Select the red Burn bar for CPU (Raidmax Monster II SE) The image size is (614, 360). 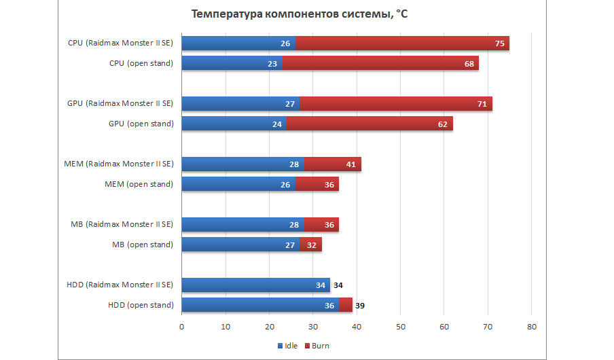point(402,43)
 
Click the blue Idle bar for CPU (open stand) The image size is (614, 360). point(232,63)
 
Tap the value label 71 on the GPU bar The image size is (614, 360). point(482,104)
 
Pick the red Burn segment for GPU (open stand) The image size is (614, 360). point(369,124)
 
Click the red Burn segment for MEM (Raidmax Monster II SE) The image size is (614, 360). point(332,164)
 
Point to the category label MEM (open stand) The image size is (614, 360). point(139,184)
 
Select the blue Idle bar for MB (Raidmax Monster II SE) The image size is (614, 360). point(242,225)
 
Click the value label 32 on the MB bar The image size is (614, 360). point(312,245)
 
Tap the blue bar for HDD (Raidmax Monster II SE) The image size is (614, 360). point(255,285)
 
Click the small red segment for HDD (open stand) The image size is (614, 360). point(346,305)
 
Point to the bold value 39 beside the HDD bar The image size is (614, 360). point(360,305)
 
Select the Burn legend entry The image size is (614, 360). point(317,346)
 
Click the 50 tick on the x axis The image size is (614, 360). point(401,327)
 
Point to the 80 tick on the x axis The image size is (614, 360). point(532,327)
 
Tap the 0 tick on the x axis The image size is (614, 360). point(182,327)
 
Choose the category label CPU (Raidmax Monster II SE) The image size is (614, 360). point(120,43)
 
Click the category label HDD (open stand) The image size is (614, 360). point(141,305)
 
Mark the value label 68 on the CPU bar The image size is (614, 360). point(469,63)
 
